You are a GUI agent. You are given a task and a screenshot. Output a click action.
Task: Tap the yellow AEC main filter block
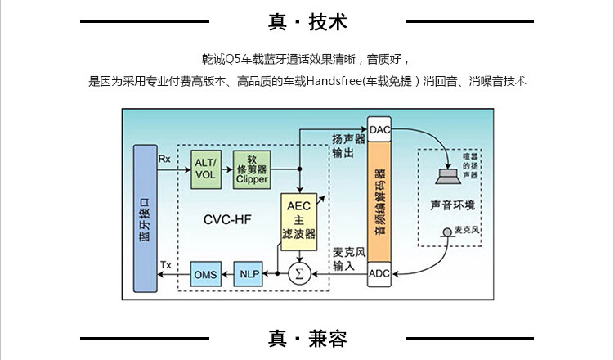pyautogui.click(x=298, y=219)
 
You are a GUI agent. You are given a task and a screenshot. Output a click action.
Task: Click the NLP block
pyautogui.click(x=249, y=274)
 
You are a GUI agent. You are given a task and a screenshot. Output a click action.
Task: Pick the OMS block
pyautogui.click(x=204, y=274)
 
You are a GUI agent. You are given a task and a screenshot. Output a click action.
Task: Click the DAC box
pyautogui.click(x=380, y=130)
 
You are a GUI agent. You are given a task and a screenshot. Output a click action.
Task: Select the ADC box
pyautogui.click(x=380, y=274)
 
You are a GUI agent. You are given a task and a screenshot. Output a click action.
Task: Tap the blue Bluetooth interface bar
pyautogui.click(x=146, y=218)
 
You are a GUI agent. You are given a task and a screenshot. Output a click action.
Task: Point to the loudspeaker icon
pyautogui.click(x=449, y=177)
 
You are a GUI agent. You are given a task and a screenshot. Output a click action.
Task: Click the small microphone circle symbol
pyautogui.click(x=448, y=231)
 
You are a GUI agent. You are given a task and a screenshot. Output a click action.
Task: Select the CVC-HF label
pyautogui.click(x=227, y=218)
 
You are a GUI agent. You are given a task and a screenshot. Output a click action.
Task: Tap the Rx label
pyautogui.click(x=164, y=158)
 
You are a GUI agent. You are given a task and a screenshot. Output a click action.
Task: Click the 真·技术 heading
pyautogui.click(x=307, y=22)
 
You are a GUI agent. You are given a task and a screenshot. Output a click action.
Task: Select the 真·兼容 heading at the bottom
pyautogui.click(x=307, y=338)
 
